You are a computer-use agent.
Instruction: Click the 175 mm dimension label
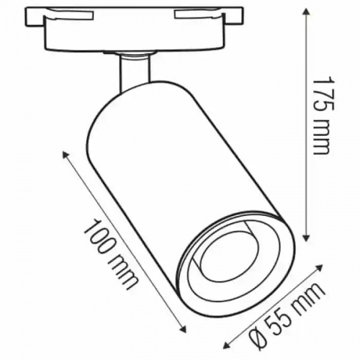click(322, 115)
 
